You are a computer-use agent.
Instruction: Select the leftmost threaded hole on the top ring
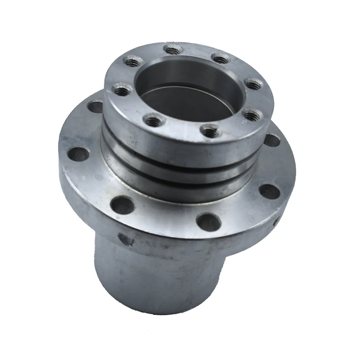119,89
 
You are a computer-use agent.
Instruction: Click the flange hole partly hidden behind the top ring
95,106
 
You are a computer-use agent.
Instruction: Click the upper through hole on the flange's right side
271,140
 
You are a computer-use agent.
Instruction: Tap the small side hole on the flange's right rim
275,220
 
